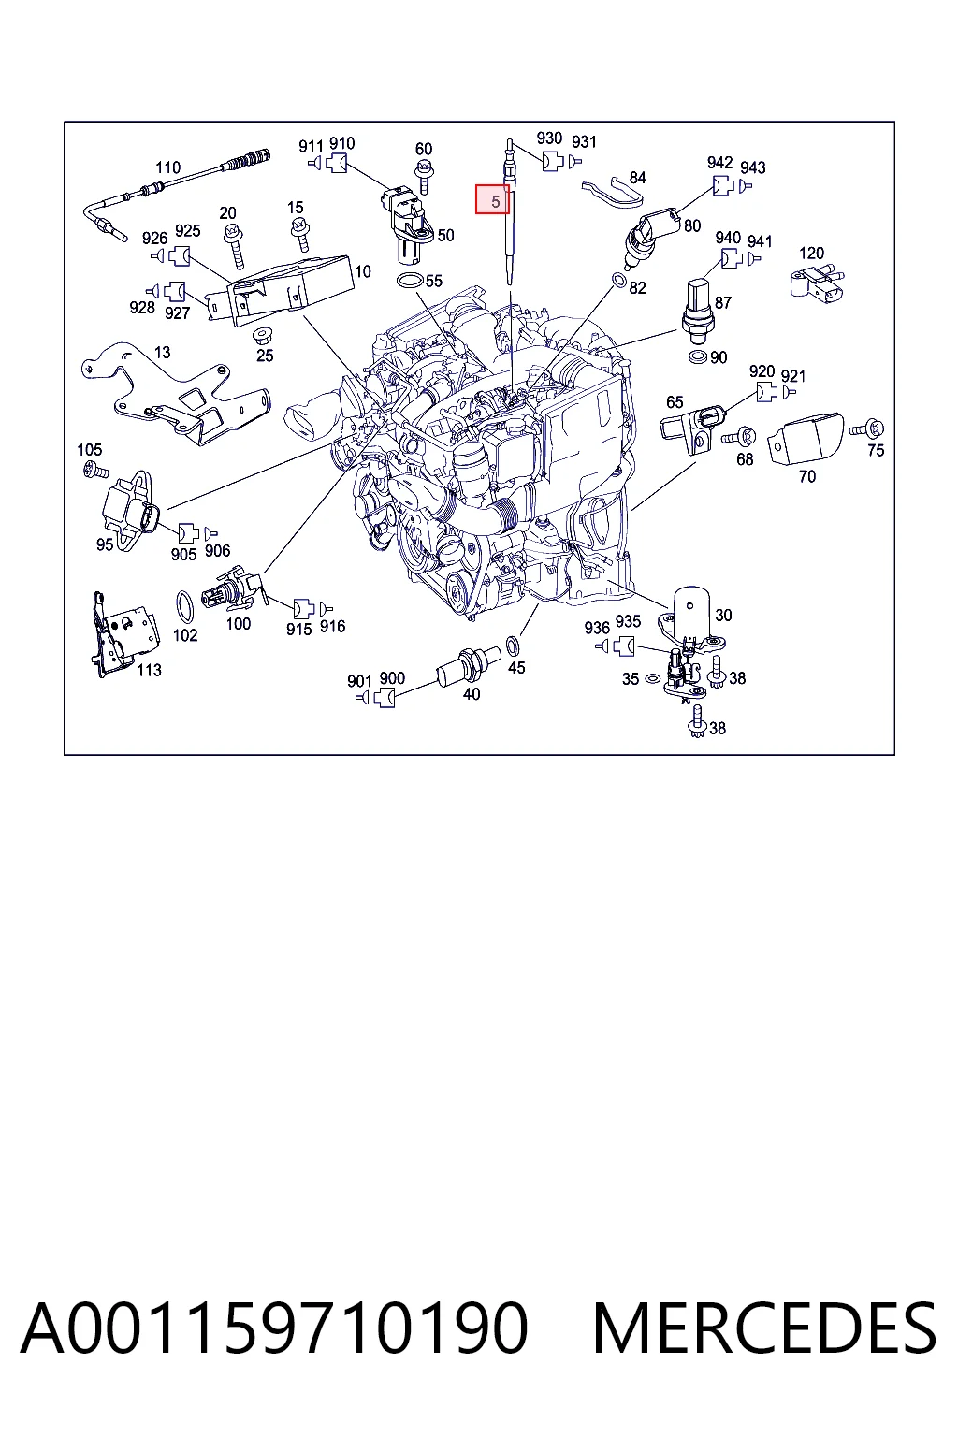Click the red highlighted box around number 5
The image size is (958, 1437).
[x=492, y=199]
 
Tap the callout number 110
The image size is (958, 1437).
[x=168, y=167]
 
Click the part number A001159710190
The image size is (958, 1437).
[x=275, y=1328]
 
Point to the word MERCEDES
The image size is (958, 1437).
[x=764, y=1328]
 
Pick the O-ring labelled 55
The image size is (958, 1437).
[x=410, y=281]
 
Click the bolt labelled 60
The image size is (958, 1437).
[x=424, y=176]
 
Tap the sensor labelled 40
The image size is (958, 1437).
[x=469, y=666]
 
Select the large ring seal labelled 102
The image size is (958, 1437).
[x=185, y=606]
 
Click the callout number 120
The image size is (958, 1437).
[x=811, y=253]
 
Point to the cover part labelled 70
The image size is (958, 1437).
[x=806, y=440]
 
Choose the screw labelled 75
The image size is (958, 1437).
[x=867, y=428]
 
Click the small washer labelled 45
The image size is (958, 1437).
[x=513, y=646]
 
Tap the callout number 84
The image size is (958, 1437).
[x=637, y=177]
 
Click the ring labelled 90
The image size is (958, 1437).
[x=698, y=356]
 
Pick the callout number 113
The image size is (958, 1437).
[x=149, y=670]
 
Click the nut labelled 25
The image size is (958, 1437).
[x=262, y=336]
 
